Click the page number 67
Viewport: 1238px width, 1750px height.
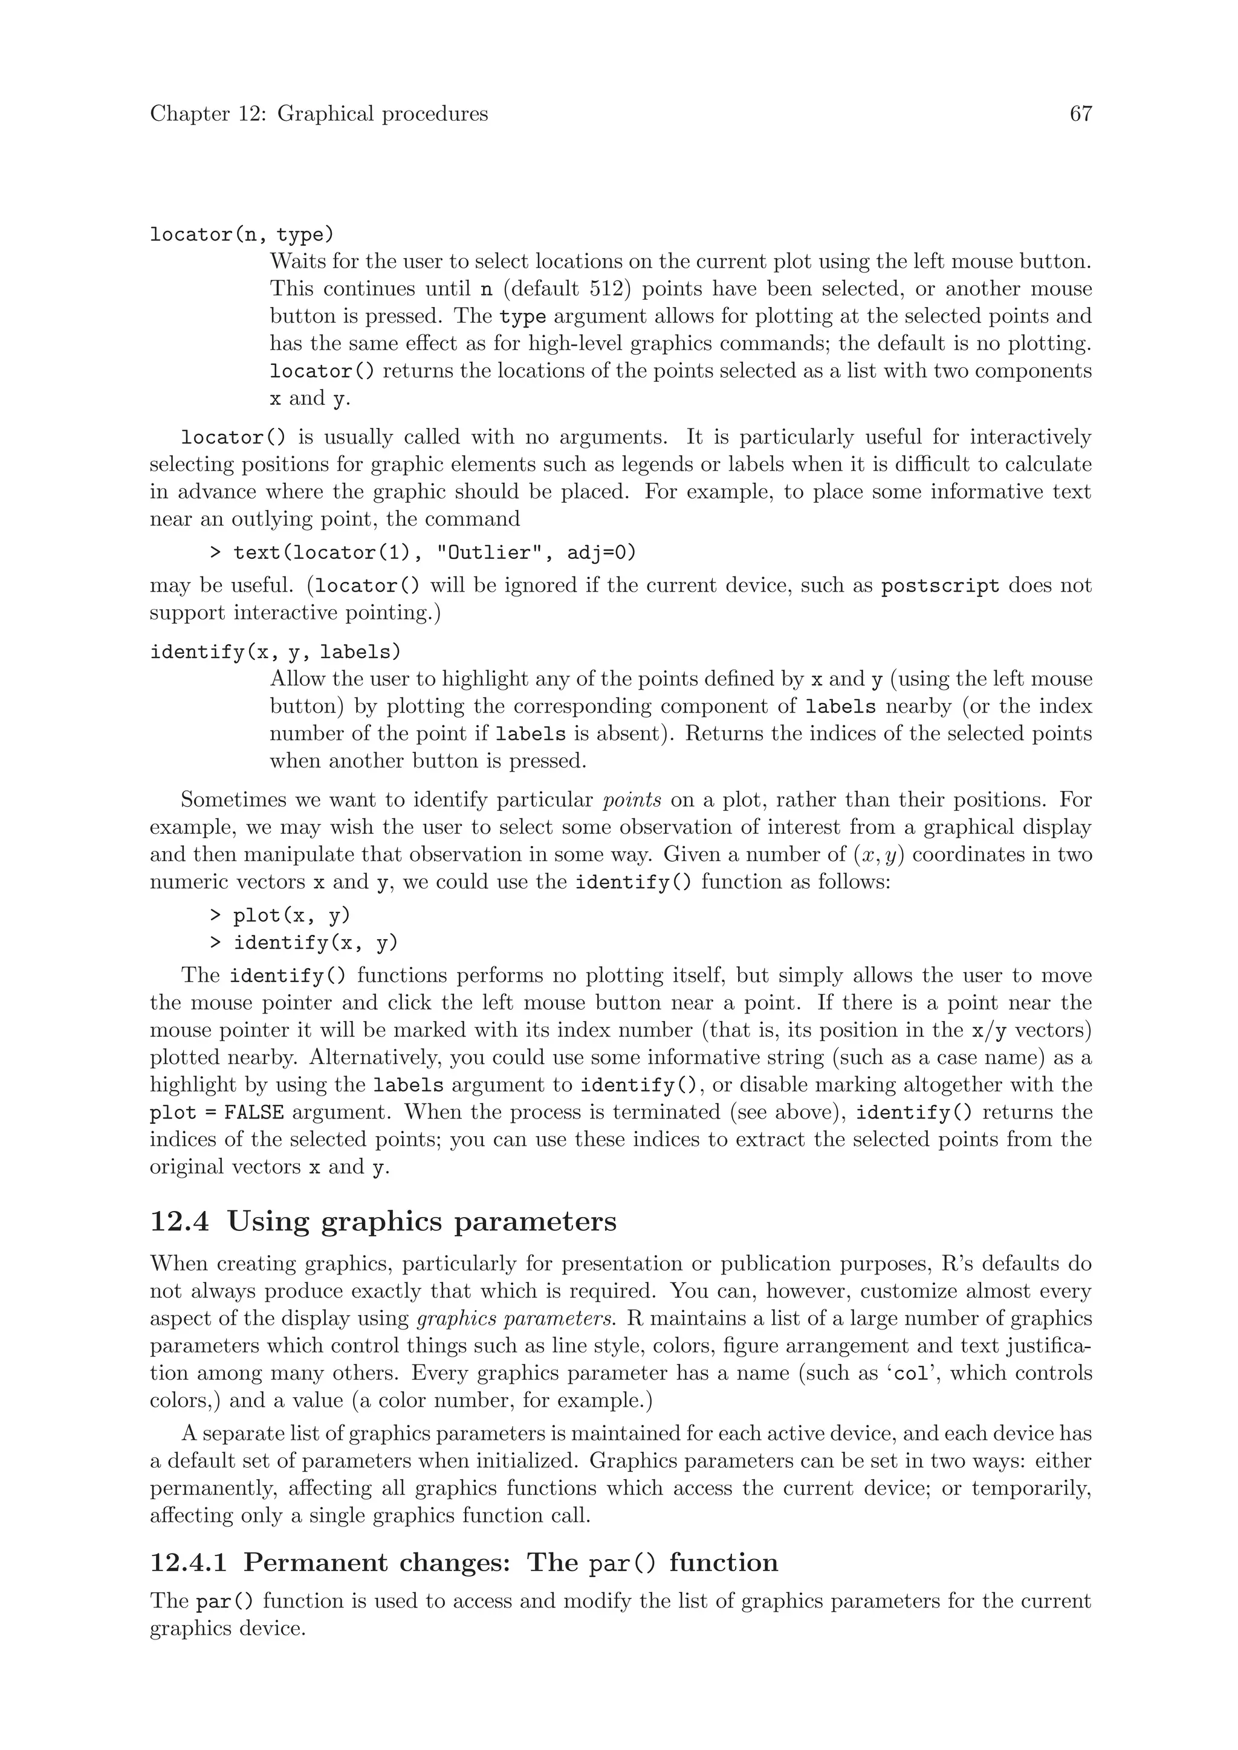(1080, 114)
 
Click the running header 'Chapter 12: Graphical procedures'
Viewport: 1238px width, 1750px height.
(319, 114)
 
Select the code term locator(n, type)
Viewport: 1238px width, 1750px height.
(242, 234)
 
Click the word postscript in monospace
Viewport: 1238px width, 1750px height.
(939, 586)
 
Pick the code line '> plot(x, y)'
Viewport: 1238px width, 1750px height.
(280, 915)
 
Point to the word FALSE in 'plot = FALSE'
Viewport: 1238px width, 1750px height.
(254, 1113)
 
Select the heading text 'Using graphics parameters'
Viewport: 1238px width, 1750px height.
(421, 1222)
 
